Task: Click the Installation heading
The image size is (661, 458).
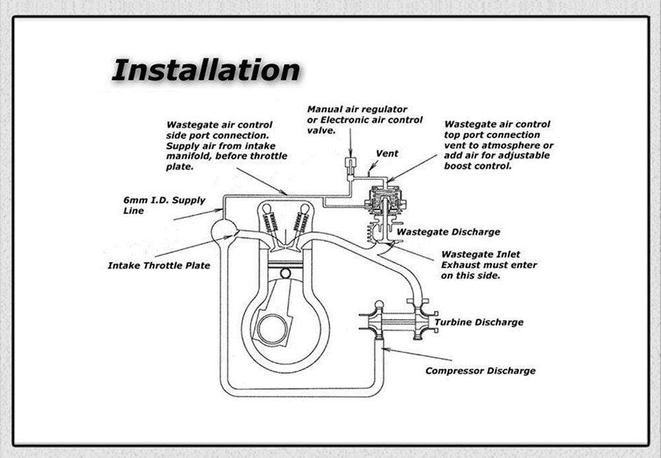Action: pos(206,70)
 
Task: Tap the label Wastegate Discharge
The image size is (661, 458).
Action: pos(448,232)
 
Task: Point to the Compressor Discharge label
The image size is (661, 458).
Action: pos(480,371)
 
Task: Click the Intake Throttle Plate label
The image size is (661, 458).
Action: pos(159,266)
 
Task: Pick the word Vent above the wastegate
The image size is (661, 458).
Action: pos(387,153)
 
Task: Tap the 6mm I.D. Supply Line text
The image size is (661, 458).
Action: pos(165,205)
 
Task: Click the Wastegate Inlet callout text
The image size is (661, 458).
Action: pos(488,264)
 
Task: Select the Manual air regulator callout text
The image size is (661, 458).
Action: pos(364,120)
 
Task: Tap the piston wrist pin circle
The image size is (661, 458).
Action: pos(286,272)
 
